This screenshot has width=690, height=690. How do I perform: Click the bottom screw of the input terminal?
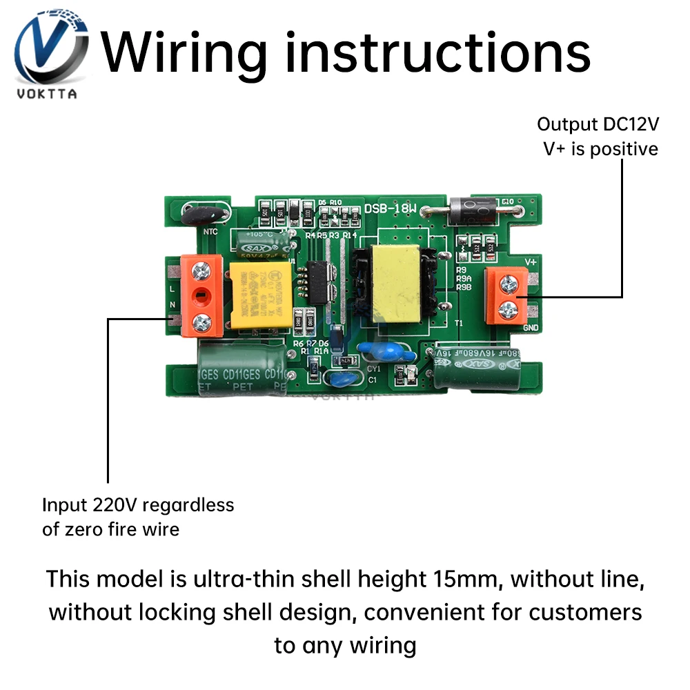coord(201,319)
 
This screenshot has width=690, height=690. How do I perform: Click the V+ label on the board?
coord(531,262)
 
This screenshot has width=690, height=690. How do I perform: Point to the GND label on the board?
coord(531,328)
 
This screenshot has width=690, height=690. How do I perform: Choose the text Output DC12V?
coord(598,124)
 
